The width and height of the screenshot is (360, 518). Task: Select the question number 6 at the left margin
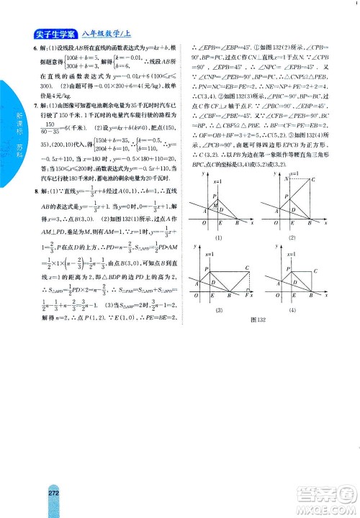[36, 47]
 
